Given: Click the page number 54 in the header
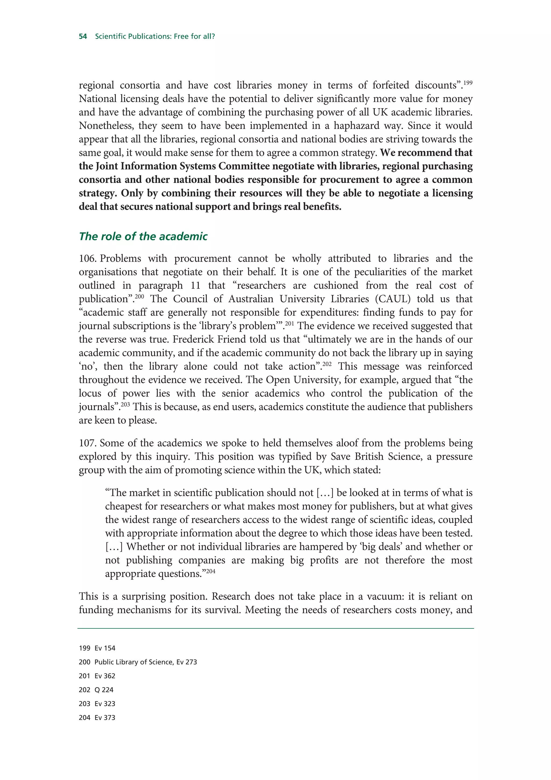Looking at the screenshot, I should [x=83, y=36].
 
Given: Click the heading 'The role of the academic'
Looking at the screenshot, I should [x=143, y=236].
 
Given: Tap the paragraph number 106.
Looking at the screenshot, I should [x=88, y=259].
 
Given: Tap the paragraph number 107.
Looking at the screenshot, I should [x=88, y=443].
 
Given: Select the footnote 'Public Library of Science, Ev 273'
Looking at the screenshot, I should [x=146, y=662].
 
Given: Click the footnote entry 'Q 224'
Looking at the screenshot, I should [x=104, y=690].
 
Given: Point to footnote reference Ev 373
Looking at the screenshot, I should [x=105, y=718].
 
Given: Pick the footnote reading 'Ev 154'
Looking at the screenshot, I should [x=105, y=648].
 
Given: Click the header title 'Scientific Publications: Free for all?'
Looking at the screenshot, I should [x=155, y=36].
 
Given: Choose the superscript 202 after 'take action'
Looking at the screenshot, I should [x=327, y=364].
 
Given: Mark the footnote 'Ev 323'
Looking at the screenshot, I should [x=105, y=704].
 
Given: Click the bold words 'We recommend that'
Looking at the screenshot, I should [x=426, y=153].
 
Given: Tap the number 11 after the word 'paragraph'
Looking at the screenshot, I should [x=196, y=285].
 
